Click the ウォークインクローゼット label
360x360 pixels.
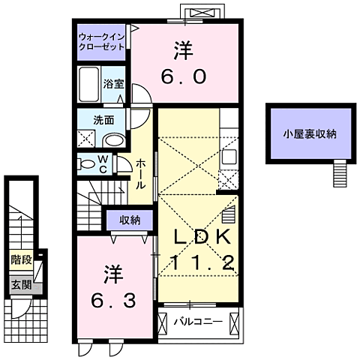coord(103,40)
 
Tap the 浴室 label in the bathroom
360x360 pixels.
coord(112,85)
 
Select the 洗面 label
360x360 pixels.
coord(103,119)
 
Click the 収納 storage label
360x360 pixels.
coord(129,220)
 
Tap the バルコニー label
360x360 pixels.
coord(198,322)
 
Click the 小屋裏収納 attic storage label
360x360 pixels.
coord(310,135)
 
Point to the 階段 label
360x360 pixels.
coord(21,260)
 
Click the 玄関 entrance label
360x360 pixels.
coord(21,284)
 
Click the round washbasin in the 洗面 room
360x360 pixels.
coord(113,139)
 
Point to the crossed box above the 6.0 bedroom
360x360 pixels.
coord(202,13)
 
